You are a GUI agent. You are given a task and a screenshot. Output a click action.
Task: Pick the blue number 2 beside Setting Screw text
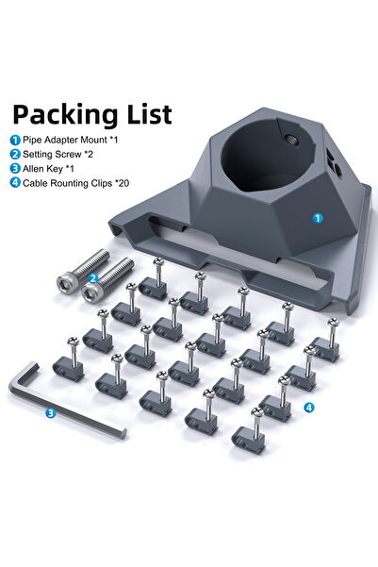coord(15,154)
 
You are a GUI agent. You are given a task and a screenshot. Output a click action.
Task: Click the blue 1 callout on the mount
coord(317,217)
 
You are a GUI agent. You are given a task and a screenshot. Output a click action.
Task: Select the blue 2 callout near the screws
coord(92,278)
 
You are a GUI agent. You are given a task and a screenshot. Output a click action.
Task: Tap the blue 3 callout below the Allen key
coord(50,412)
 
